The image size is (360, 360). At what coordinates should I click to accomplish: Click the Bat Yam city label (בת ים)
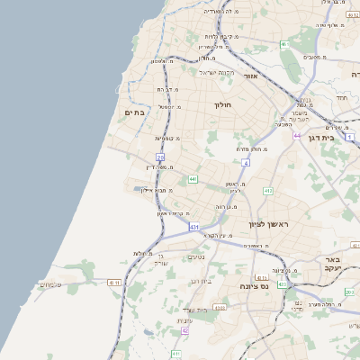(134, 112)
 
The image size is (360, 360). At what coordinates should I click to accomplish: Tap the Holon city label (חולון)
(223, 105)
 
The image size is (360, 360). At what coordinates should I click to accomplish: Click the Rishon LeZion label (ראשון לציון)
(265, 222)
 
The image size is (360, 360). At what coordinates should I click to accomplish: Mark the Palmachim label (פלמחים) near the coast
(51, 285)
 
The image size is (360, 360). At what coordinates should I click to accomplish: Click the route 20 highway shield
(160, 157)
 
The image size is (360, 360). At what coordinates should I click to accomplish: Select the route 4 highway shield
(245, 163)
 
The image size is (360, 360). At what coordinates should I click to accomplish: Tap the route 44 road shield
(297, 136)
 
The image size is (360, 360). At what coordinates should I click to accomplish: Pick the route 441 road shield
(193, 179)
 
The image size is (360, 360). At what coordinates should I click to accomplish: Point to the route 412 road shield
(267, 191)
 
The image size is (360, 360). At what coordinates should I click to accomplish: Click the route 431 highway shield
(193, 228)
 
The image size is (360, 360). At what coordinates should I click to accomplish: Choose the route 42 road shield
(184, 330)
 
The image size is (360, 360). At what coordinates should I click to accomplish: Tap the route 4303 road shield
(220, 308)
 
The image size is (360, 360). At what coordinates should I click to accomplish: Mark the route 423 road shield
(282, 284)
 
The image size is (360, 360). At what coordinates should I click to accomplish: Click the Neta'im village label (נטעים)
(195, 257)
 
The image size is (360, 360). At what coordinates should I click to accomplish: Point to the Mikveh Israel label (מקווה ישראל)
(217, 72)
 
